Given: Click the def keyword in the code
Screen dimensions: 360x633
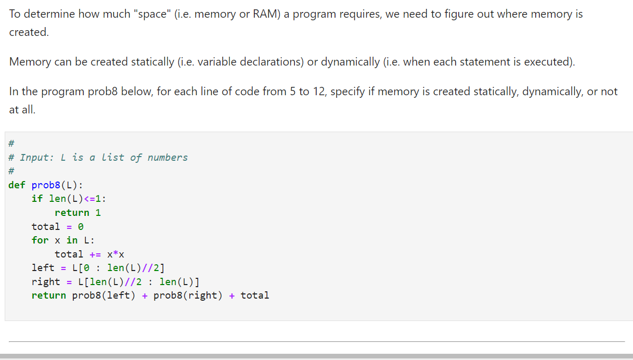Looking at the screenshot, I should pos(17,185).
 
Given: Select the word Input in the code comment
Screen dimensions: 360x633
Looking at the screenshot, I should pos(35,157).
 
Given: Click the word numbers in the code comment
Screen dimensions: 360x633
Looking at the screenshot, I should pos(167,157).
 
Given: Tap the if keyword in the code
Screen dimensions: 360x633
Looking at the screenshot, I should pos(37,198).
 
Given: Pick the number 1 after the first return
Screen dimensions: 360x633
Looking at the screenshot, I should pos(98,212).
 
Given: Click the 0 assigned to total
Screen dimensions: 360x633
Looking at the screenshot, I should pos(81,226).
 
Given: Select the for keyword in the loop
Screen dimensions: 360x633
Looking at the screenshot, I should pos(40,240).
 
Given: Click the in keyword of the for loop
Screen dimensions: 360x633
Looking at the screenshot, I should pos(72,240).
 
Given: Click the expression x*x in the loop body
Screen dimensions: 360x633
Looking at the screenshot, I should pos(115,254).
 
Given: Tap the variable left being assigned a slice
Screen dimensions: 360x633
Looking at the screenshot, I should pos(43,267).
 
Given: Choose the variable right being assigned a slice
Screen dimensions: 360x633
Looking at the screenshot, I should pos(46,281).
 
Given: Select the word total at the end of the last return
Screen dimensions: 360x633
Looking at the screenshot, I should pos(255,295).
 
